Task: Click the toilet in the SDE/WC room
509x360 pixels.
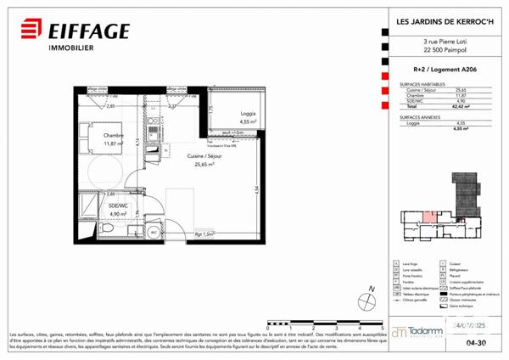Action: click(x=153, y=231)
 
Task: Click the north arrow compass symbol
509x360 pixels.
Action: click(x=367, y=298)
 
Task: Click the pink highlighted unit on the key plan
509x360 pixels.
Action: click(x=434, y=219)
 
